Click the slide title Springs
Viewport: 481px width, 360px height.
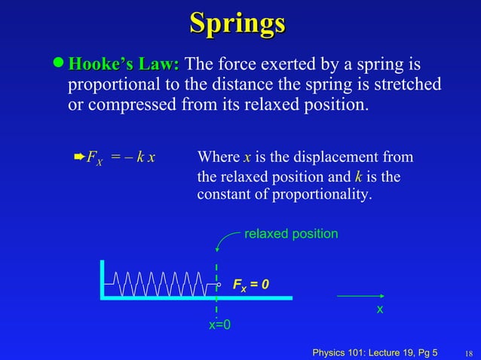point(237,23)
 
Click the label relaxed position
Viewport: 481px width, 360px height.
point(291,234)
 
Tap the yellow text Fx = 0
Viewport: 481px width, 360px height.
point(250,285)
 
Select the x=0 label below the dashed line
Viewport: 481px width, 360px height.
point(219,325)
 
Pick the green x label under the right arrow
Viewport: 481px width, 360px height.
point(380,310)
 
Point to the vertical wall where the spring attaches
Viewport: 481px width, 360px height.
point(103,279)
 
